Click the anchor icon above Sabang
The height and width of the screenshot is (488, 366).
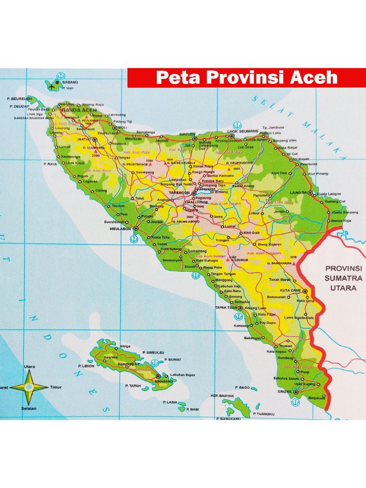[61, 76]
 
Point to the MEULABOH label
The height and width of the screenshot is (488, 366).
[120, 228]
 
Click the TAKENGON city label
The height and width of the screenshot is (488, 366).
[179, 193]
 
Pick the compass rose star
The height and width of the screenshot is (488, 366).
[29, 387]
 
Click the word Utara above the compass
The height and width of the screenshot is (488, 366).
[29, 366]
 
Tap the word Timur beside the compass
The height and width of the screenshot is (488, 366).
[56, 387]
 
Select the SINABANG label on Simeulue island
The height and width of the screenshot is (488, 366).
[164, 381]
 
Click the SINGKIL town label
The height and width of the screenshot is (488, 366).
[284, 392]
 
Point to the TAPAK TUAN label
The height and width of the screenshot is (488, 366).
[226, 307]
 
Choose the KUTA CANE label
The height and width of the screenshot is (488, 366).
[290, 290]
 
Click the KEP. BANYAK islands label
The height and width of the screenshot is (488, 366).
[223, 396]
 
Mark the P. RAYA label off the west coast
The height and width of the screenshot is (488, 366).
[50, 164]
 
